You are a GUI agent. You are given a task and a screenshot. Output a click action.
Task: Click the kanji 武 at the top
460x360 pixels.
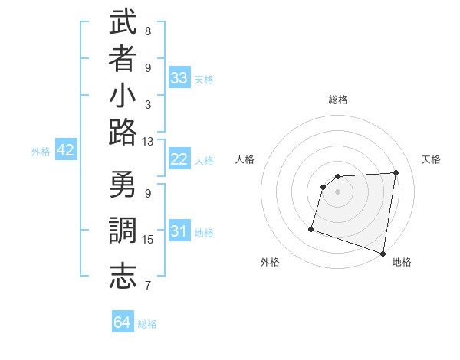pyautogui.click(x=123, y=23)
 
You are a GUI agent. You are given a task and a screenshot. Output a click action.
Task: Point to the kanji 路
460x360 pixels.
pyautogui.click(x=123, y=133)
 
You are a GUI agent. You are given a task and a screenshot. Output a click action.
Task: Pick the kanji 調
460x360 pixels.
pyautogui.click(x=123, y=231)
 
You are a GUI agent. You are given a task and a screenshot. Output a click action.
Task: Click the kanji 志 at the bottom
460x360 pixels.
pyautogui.click(x=123, y=276)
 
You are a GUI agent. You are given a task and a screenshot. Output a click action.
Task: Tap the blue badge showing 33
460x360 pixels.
pyautogui.click(x=179, y=77)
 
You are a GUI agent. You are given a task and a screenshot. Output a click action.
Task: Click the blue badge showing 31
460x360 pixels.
pyautogui.click(x=179, y=231)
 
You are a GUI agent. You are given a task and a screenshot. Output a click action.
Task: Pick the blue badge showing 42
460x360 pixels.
pyautogui.click(x=65, y=150)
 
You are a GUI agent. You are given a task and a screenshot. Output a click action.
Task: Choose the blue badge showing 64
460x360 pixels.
pyautogui.click(x=123, y=322)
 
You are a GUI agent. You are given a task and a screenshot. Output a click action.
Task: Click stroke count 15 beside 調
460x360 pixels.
pyautogui.click(x=148, y=240)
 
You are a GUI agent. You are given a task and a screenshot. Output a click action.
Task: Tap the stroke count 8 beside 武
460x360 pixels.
pyautogui.click(x=148, y=31)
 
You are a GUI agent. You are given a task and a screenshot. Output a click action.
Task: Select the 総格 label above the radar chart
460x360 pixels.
pyautogui.click(x=338, y=100)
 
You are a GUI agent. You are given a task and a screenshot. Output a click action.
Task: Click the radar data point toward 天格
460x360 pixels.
pyautogui.click(x=396, y=172)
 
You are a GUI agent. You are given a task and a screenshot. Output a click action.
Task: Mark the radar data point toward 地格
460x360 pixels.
pyautogui.click(x=383, y=253)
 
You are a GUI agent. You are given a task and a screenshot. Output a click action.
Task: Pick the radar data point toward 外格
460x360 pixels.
pyautogui.click(x=311, y=229)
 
